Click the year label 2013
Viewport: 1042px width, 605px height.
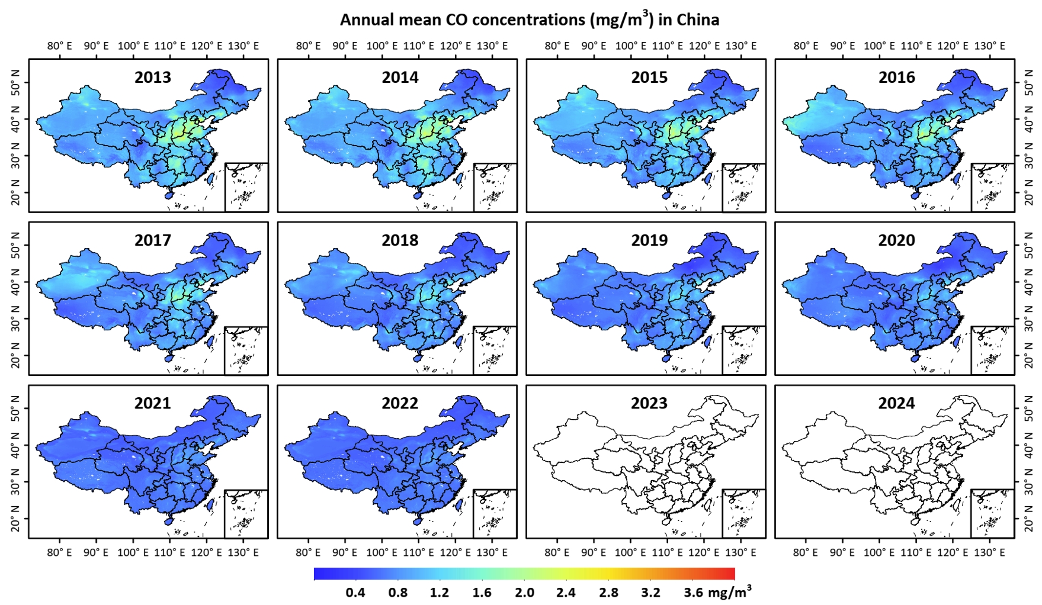pos(152,78)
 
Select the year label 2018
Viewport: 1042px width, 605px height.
pos(400,240)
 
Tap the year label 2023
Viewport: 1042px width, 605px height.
pos(649,403)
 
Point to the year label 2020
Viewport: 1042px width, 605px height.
pos(896,240)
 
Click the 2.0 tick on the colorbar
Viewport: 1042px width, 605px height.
pos(524,593)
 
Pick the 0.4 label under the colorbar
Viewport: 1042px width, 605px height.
pos(355,593)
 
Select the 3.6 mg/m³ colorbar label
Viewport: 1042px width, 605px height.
pos(717,592)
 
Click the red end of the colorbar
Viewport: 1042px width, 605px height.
pos(730,574)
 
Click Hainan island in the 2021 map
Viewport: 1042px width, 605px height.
pos(169,522)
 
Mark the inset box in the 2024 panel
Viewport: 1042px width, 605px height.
pos(992,513)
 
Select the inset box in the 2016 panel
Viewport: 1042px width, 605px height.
pos(992,187)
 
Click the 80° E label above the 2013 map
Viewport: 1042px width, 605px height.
pos(59,46)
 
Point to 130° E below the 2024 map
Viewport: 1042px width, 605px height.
pos(989,553)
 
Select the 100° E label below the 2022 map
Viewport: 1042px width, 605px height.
pos(381,553)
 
